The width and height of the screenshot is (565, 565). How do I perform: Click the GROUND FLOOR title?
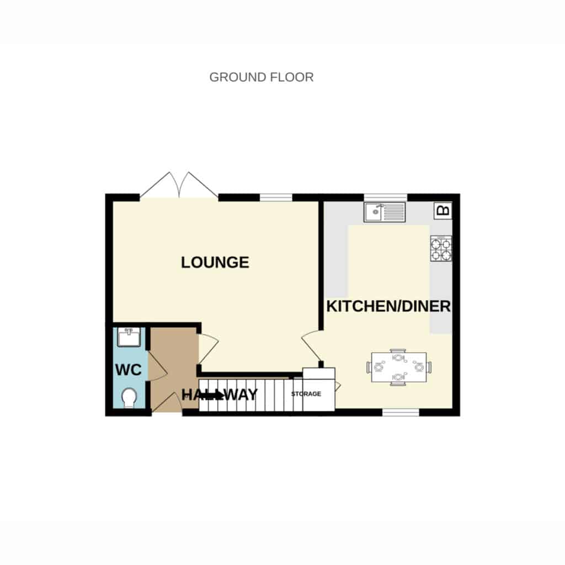coord(261,77)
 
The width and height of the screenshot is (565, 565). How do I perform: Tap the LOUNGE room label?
coord(215,262)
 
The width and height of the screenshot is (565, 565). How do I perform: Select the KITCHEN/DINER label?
coord(388,306)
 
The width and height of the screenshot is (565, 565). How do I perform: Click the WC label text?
coord(128,370)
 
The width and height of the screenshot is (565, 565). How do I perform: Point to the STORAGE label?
coord(306,394)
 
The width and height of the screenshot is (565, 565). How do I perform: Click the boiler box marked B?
coord(443,210)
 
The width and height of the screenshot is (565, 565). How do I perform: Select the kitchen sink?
coord(385,212)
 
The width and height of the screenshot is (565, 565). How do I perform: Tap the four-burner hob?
coord(441,248)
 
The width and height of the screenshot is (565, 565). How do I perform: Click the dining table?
coord(399,367)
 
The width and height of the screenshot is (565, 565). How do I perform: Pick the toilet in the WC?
coord(129,398)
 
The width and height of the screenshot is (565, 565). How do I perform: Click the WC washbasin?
coord(129,337)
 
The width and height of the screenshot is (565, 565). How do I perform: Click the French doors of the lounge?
coord(179,185)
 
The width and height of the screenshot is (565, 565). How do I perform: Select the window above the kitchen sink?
coord(385,198)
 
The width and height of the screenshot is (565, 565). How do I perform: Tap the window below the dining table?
coord(401,413)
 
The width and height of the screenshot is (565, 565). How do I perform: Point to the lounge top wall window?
coord(276,198)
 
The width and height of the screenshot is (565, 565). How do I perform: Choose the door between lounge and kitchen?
coord(311,346)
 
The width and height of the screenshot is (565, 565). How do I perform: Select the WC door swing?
coord(157,366)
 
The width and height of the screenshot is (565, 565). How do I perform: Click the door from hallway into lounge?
coord(209,349)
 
